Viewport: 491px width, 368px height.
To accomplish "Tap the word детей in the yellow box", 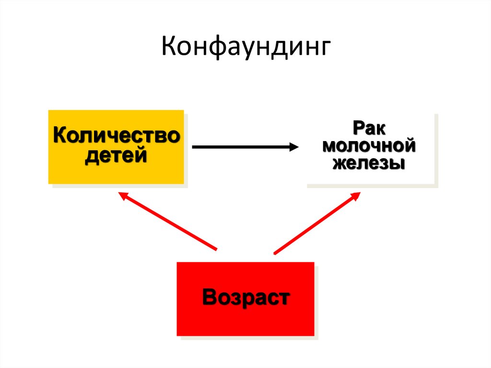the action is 116,156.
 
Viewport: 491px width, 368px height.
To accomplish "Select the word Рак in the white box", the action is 371,128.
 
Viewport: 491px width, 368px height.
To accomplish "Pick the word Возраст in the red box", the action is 245,298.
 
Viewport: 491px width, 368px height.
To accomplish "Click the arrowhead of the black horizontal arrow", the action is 294,147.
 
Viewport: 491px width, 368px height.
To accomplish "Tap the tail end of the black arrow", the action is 193,147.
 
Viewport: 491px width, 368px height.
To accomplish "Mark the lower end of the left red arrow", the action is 217,249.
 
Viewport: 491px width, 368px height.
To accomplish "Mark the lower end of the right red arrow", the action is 274,253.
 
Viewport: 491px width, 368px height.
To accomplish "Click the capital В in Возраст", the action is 210,297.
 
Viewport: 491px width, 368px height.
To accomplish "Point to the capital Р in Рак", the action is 359,128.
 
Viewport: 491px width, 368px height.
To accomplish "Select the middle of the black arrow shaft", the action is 242,147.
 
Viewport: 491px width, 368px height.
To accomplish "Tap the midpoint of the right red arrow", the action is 316,223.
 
